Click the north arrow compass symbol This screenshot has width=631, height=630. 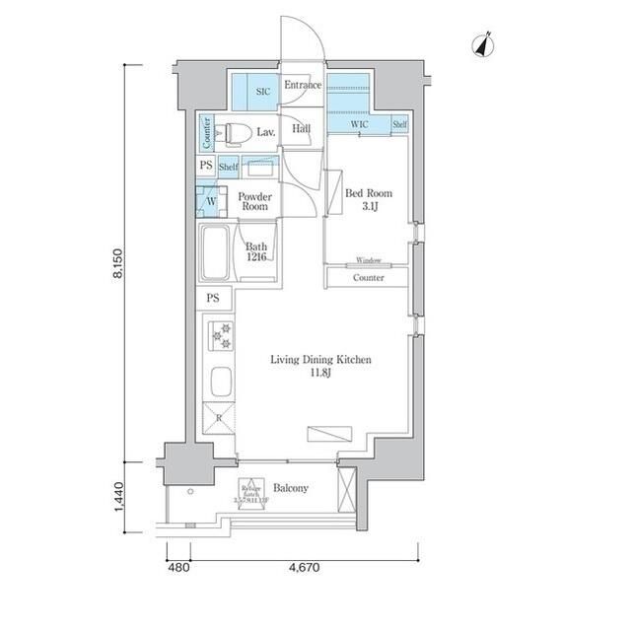483,45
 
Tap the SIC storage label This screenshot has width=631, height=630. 262,92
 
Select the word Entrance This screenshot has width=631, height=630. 303,86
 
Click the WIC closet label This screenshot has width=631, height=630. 360,124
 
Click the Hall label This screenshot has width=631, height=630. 302,128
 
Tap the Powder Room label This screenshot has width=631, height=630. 254,201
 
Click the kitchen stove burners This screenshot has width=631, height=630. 220,336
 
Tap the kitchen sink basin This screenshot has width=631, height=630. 219,381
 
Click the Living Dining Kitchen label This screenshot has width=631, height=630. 320,367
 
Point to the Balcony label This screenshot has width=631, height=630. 291,488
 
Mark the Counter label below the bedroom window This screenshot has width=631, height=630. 369,278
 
